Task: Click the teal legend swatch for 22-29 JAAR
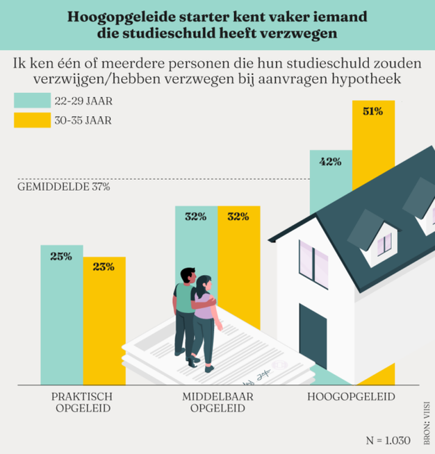tap(31, 100)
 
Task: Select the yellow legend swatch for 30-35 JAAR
tap(31, 119)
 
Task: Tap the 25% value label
tap(61, 256)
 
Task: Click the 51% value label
tap(373, 111)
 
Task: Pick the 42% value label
tap(330, 162)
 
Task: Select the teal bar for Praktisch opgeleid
tap(61, 319)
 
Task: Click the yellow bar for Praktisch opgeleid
tap(104, 326)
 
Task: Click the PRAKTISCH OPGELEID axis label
tap(83, 402)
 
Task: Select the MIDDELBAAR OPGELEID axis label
tap(217, 402)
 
